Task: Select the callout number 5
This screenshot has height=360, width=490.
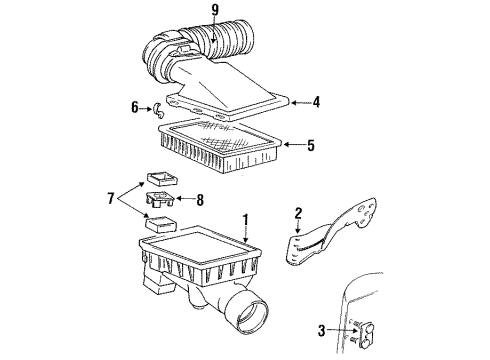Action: click(x=311, y=146)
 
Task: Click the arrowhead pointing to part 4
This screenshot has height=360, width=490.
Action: click(x=296, y=101)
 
